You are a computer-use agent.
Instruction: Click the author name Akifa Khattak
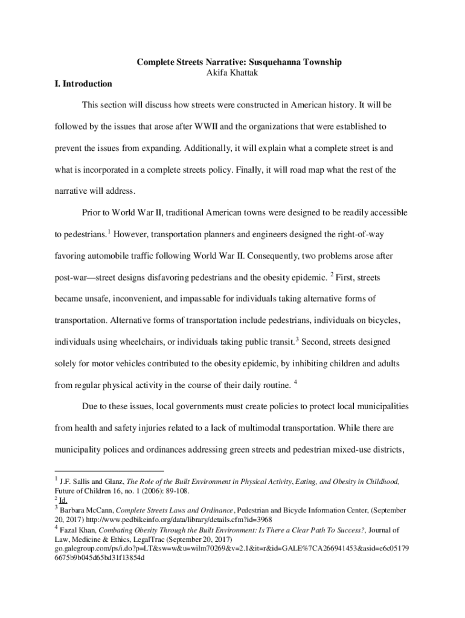[x=232, y=72]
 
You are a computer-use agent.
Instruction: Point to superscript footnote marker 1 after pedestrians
[x=109, y=231]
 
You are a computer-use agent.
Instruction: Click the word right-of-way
[x=371, y=234]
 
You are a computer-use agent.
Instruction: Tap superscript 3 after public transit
[x=297, y=339]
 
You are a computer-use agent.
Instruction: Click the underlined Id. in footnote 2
[x=63, y=500]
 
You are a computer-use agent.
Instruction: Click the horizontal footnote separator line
[x=109, y=471]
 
